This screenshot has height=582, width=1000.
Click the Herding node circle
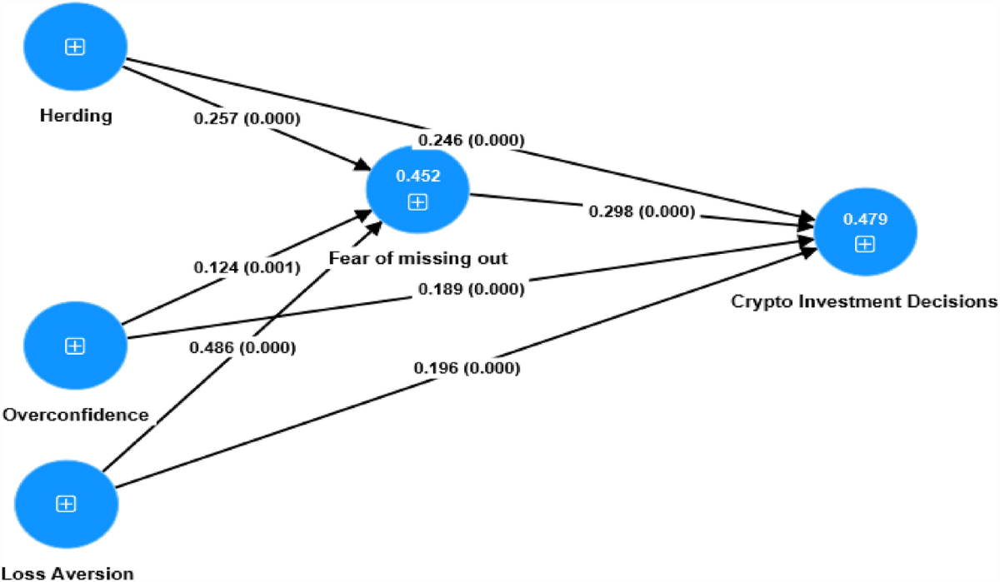coord(75,48)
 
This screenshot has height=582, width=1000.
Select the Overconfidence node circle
coord(75,346)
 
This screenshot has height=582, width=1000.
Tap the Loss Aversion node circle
coord(67,504)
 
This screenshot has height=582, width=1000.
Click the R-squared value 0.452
coord(417,177)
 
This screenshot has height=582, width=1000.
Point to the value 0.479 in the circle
coord(865,219)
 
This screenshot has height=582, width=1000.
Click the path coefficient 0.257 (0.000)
coord(247,119)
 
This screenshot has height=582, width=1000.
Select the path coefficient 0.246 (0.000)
coord(471,141)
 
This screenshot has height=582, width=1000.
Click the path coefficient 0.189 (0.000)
coord(471,290)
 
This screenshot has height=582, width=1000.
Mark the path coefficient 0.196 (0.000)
coord(467,368)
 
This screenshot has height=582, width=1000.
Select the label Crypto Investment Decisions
coord(864,301)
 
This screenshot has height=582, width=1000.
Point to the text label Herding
coord(76,116)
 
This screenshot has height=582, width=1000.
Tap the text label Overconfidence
coord(76,415)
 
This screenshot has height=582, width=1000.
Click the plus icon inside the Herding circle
coord(75,48)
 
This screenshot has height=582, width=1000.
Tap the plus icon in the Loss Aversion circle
coord(67,504)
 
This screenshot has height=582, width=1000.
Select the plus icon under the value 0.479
coord(865,244)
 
